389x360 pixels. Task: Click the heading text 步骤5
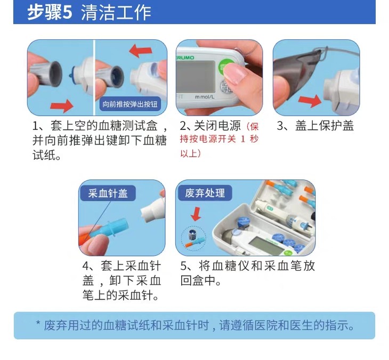tap(50, 12)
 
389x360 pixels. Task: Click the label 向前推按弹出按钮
tap(130, 104)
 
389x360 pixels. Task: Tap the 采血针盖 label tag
tap(108, 193)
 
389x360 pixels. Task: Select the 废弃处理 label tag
tap(205, 193)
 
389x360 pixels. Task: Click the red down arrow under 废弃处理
tap(196, 214)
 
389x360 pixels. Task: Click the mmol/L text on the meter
tap(205, 97)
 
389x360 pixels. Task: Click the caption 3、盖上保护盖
tap(315, 126)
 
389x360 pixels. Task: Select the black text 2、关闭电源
tap(210, 126)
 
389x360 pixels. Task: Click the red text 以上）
tap(191, 153)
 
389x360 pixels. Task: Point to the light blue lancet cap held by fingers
tap(109, 228)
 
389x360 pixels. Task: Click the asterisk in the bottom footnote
tap(38, 323)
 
